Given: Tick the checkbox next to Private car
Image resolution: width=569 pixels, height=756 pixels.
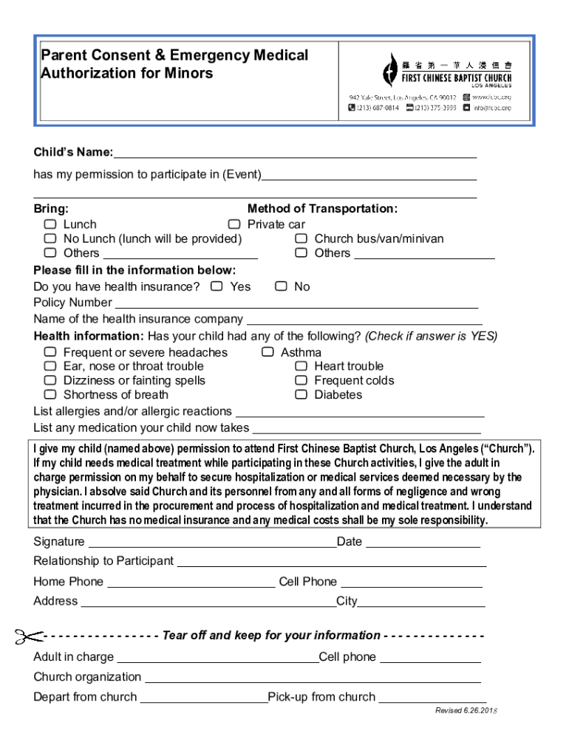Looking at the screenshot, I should coord(234,224).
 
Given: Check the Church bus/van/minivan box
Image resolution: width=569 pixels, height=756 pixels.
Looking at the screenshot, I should coord(301,238).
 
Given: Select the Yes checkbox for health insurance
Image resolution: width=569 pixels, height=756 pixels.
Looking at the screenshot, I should coord(217,286).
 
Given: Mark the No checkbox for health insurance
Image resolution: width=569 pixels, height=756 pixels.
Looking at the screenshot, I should coord(281,286).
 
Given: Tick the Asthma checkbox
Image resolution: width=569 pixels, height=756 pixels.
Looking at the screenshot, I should coord(268,352).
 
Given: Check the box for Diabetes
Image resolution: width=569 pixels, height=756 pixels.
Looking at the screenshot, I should coord(301,394).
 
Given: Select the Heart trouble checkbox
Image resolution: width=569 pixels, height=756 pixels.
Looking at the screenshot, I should coord(301,366).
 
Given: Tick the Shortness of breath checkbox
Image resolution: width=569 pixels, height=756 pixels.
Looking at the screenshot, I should coord(50,394).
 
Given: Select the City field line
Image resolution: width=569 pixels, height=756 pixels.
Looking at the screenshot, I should coord(421,602).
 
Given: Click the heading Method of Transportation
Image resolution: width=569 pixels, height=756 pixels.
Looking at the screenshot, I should coord(322,209).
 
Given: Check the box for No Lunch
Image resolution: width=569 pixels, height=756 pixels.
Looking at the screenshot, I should coord(50,238).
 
